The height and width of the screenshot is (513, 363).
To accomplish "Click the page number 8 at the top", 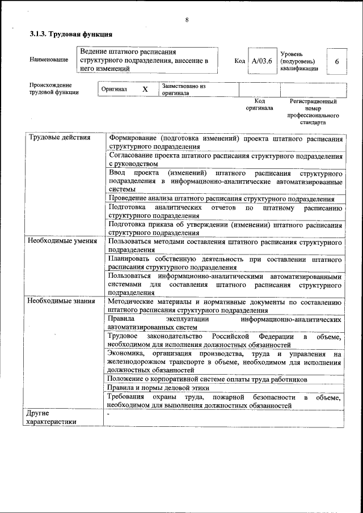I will pyautogui.click(x=187, y=20).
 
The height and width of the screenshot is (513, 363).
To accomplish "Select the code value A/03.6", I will pyautogui.click(x=262, y=60).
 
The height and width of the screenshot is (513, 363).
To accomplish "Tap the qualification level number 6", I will pyautogui.click(x=337, y=61).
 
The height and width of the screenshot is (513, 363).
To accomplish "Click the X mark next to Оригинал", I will pyautogui.click(x=145, y=90).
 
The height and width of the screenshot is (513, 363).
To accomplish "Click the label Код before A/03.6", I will pyautogui.click(x=239, y=60).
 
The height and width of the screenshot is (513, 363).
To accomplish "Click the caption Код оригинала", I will pyautogui.click(x=259, y=104).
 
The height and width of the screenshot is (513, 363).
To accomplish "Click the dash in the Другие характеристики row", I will pyautogui.click(x=108, y=414).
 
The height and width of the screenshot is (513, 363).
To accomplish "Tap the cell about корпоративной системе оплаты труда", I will pyautogui.click(x=207, y=379).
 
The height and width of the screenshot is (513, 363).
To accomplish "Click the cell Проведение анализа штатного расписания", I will pyautogui.click(x=221, y=198).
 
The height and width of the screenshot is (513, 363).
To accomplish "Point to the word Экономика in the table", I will pyautogui.click(x=126, y=354).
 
